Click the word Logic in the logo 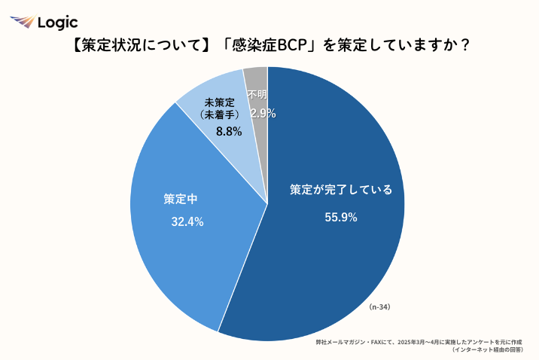pyautogui.click(x=57, y=23)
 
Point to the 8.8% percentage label pyautogui.click(x=228, y=131)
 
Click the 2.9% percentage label pyautogui.click(x=263, y=114)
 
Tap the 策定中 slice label pyautogui.click(x=181, y=200)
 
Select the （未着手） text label pyautogui.click(x=220, y=114)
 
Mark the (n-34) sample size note pyautogui.click(x=379, y=307)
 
